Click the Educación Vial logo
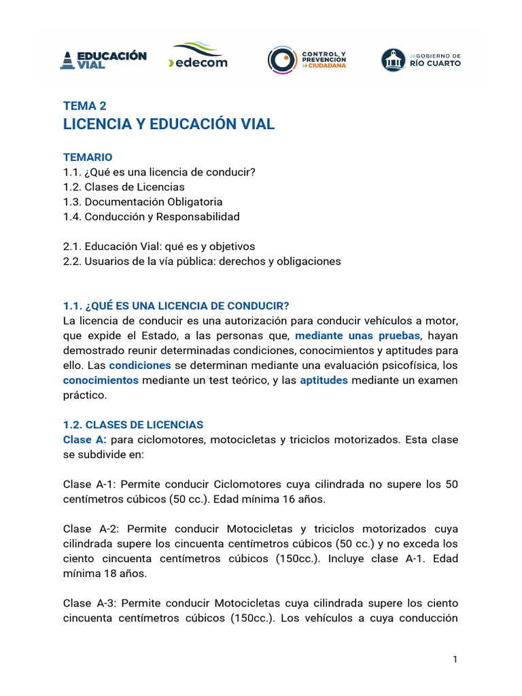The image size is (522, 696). pos(104,59)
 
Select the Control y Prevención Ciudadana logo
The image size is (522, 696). pos(307,59)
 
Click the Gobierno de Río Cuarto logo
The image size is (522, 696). pos(421,59)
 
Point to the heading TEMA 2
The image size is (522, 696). pos(84,105)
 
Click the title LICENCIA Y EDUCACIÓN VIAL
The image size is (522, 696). pos(169,124)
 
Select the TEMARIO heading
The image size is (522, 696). pos(88,157)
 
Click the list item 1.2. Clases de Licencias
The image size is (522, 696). pos(124,187)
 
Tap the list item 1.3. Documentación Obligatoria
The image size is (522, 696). pos(143,202)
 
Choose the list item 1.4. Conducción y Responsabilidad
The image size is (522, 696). pos(151,217)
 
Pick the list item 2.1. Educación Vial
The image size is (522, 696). pos(159,246)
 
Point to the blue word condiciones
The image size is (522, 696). pos(140,366)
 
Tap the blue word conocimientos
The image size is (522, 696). pos(101,381)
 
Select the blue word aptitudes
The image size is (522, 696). pos(324,381)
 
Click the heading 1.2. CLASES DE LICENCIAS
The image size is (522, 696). pos(133,425)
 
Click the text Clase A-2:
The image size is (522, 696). pos(92,529)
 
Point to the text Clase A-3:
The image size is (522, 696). pos(92,604)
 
